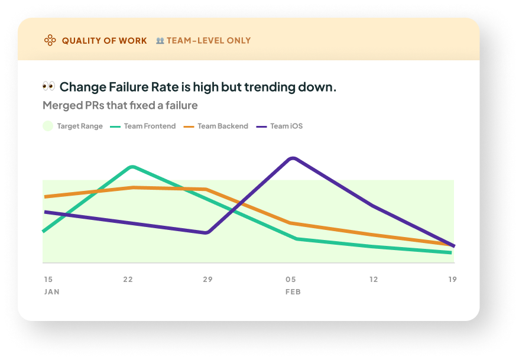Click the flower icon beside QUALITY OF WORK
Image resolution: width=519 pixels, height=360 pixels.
click(50, 41)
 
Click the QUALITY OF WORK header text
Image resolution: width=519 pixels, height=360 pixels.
click(104, 41)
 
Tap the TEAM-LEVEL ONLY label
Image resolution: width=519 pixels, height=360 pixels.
click(209, 41)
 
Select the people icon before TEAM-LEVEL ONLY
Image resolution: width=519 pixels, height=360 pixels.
click(160, 41)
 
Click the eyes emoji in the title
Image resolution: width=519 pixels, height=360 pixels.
click(48, 87)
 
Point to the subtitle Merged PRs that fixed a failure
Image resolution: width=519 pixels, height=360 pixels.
click(120, 106)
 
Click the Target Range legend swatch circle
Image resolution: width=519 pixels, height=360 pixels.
click(48, 126)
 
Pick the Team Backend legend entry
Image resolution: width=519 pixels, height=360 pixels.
click(216, 126)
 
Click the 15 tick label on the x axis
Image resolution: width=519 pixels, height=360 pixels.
click(48, 279)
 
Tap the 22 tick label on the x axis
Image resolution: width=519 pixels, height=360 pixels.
click(128, 279)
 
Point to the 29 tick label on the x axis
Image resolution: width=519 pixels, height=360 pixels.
click(207, 279)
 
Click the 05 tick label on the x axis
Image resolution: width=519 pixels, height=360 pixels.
click(291, 279)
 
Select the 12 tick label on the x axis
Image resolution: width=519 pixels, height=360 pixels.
click(373, 279)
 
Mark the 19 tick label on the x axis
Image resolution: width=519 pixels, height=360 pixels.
click(452, 279)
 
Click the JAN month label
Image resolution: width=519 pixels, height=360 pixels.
click(52, 292)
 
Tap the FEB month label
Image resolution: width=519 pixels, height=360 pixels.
click(293, 292)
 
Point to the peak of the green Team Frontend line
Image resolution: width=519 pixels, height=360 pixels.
click(132, 167)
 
